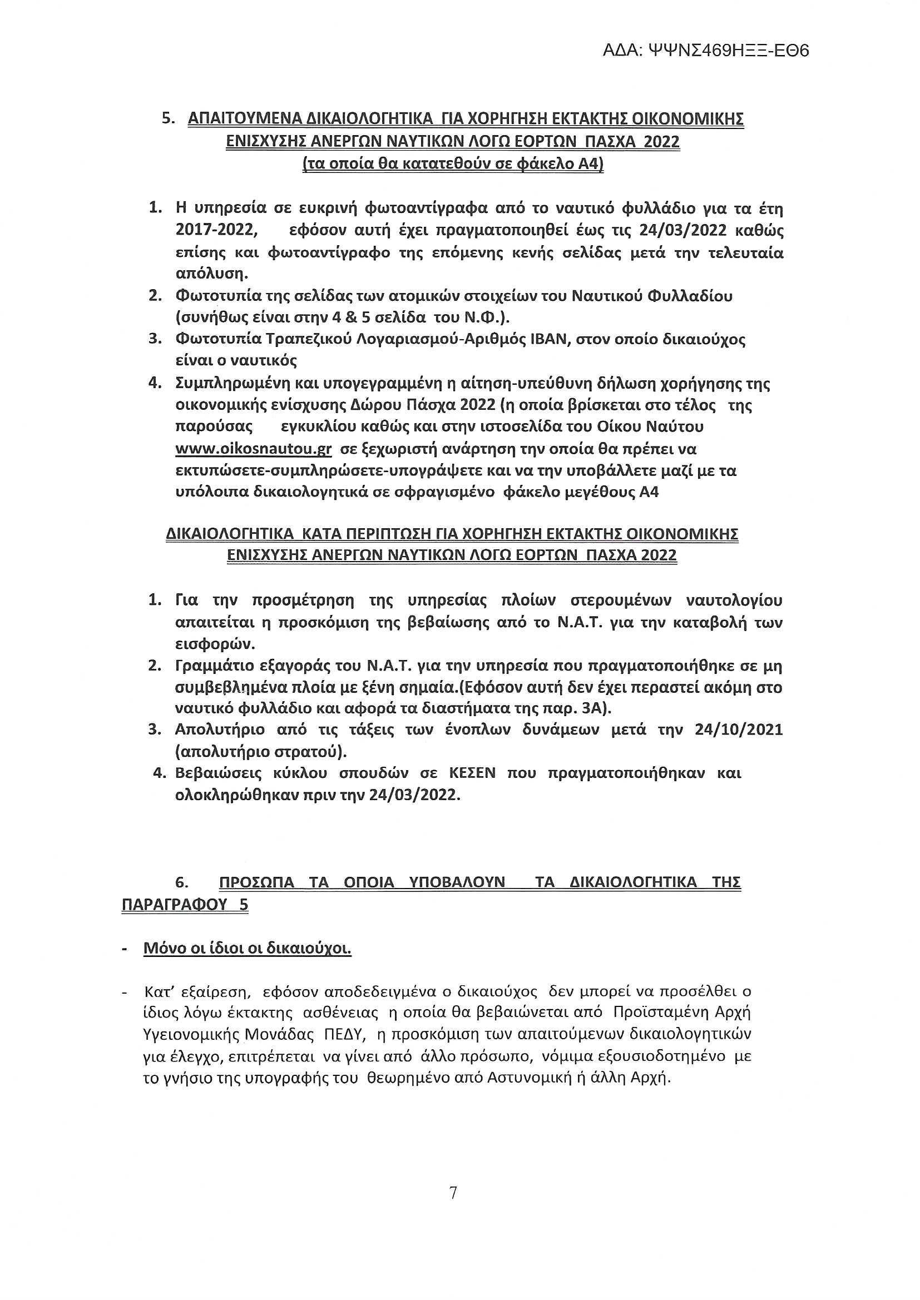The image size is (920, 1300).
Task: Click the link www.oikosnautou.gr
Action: [x=253, y=449]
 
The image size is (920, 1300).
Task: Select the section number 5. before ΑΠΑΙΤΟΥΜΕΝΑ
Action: [x=168, y=119]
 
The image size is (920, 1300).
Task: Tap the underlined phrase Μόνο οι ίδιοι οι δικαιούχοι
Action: [x=248, y=949]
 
